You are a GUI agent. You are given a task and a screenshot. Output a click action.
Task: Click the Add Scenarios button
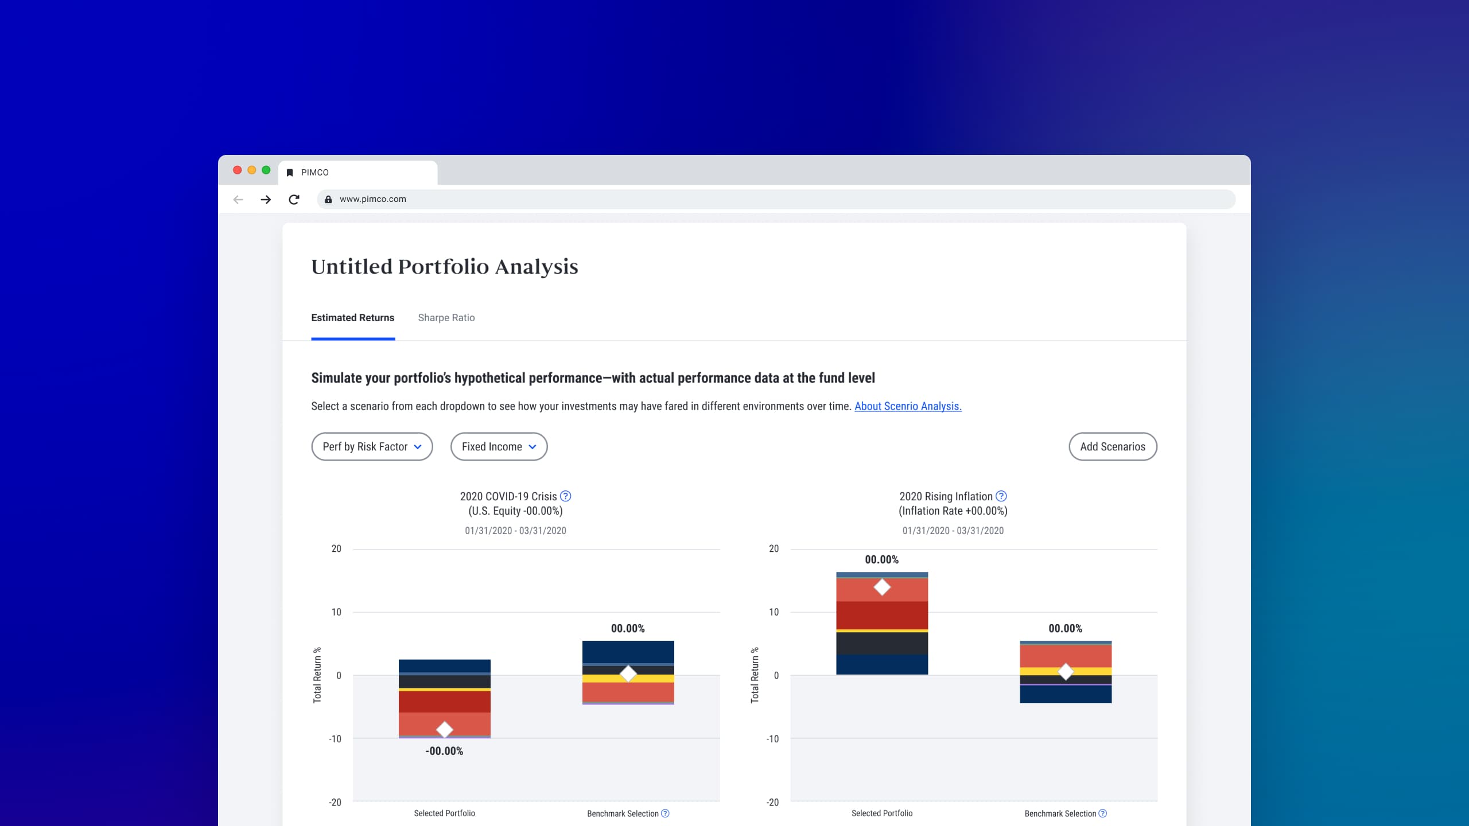1113,447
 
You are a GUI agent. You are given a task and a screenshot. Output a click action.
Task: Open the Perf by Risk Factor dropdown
372,447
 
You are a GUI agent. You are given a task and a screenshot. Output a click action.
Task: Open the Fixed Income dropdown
499,447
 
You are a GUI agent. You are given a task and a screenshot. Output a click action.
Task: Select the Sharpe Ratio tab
446,318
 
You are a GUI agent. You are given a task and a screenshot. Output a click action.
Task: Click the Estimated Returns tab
352,318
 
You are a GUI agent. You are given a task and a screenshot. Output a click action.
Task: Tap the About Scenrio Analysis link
908,406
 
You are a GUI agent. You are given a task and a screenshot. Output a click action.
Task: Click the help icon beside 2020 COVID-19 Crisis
565,496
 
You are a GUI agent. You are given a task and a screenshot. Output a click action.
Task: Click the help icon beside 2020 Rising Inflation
1001,496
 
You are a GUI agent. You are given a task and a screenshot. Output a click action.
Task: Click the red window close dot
237,170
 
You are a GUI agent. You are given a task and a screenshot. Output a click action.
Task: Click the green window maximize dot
266,170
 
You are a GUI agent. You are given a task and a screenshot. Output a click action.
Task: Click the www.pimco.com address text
372,199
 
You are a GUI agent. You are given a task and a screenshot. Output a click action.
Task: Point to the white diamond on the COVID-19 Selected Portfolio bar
445,730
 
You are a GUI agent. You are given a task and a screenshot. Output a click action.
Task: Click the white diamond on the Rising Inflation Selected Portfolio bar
882,587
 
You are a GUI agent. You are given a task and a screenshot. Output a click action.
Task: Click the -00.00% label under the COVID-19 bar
444,751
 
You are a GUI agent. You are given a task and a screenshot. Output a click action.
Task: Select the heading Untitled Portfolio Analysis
445,267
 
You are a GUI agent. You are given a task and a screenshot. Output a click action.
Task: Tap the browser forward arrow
266,200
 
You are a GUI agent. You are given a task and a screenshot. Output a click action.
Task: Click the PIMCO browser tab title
314,172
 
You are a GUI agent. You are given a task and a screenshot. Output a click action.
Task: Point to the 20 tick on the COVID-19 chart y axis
336,549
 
